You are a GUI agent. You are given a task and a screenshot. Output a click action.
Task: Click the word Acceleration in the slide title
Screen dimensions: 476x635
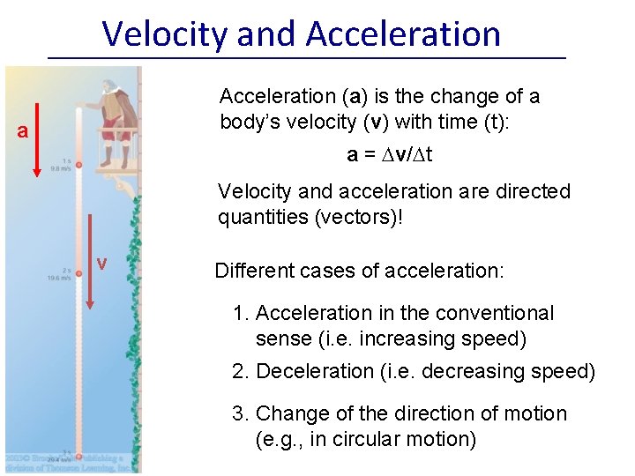click(x=403, y=33)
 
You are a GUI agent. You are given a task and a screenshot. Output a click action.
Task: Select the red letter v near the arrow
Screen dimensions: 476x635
click(x=102, y=264)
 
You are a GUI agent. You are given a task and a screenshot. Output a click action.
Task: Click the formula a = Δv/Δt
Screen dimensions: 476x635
click(x=389, y=154)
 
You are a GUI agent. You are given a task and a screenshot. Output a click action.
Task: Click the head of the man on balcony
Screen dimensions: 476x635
click(x=107, y=87)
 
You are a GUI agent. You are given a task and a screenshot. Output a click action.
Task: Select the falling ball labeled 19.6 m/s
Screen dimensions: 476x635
click(x=78, y=274)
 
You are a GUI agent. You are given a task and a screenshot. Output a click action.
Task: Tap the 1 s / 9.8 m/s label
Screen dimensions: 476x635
click(x=61, y=164)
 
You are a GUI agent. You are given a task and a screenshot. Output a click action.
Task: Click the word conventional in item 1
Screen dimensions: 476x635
click(x=492, y=313)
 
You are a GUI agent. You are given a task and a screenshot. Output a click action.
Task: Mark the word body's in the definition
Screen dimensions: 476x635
click(x=250, y=122)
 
